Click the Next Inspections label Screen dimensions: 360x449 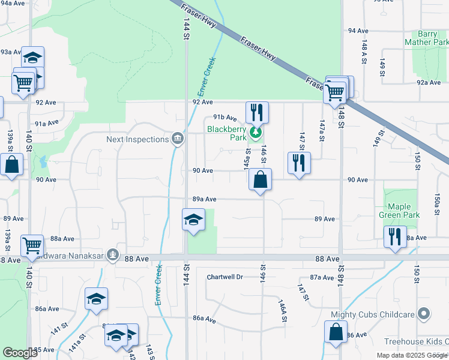click(137, 139)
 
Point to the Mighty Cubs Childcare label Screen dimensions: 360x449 click(372, 314)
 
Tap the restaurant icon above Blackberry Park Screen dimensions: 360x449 click(257, 112)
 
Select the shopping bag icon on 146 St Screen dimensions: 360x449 click(260, 179)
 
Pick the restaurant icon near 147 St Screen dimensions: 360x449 click(298, 163)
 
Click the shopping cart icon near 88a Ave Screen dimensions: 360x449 click(32, 245)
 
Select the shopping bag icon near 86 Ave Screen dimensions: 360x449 click(336, 332)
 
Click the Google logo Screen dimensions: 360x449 click(20, 353)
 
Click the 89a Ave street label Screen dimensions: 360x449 click(204, 199)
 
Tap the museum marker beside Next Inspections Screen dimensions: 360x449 click(177, 139)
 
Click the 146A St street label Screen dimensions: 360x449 click(282, 311)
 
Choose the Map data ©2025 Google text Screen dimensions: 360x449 click(412, 355)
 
